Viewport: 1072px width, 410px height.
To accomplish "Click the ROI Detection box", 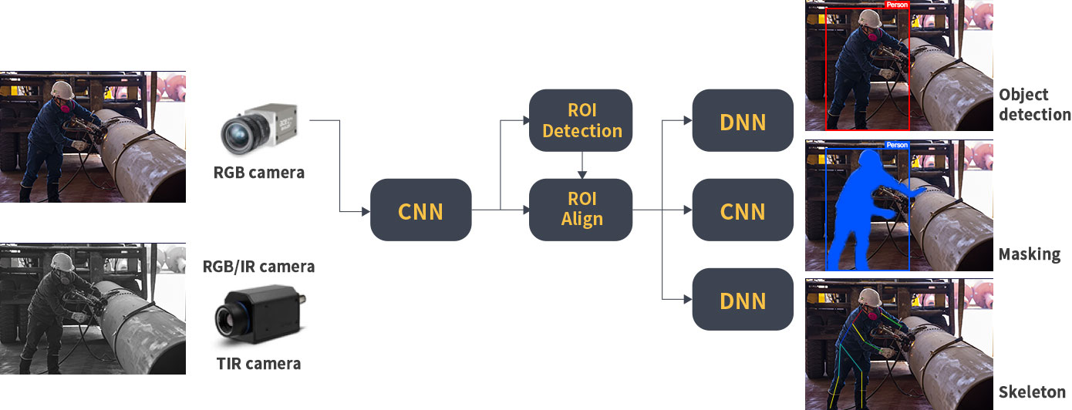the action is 581,120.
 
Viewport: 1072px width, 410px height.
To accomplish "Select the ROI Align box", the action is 581,210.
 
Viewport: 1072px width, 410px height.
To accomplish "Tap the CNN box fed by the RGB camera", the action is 420,210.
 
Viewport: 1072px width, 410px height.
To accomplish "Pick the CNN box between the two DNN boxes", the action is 743,210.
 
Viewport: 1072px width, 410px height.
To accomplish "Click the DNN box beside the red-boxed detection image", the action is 743,120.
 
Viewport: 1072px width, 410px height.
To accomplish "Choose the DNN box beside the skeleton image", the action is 743,299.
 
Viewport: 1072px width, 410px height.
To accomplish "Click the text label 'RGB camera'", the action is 259,173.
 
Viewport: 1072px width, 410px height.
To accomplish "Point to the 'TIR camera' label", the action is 259,364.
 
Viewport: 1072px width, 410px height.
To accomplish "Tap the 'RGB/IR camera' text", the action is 259,267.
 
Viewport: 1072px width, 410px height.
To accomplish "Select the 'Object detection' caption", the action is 1035,105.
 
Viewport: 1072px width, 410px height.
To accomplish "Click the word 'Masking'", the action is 1030,254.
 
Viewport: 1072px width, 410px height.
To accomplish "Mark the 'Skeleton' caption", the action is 1032,392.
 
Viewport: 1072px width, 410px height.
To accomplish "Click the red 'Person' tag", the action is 896,5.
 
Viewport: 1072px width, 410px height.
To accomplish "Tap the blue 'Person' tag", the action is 897,145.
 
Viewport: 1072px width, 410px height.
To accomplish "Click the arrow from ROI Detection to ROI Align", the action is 582,165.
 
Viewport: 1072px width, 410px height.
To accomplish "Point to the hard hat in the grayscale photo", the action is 62,262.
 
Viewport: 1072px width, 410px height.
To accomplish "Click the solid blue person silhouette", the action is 866,210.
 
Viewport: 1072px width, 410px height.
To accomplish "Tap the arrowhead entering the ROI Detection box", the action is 525,120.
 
